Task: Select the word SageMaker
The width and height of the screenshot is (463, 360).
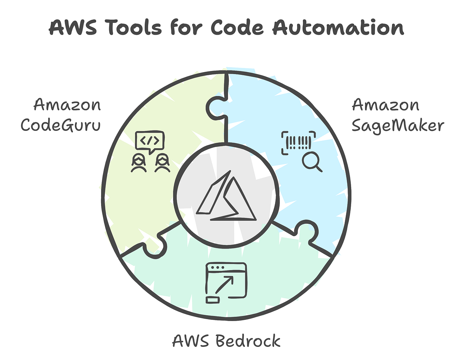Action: tap(398, 126)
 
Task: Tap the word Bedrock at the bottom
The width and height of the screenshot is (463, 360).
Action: tap(247, 341)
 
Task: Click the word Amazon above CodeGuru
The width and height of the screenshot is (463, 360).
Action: tap(67, 105)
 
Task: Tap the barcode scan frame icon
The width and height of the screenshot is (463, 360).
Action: tap(299, 142)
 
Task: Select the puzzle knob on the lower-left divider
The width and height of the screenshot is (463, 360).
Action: tap(155, 247)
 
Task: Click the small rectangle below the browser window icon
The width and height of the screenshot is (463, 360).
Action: tap(213, 299)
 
